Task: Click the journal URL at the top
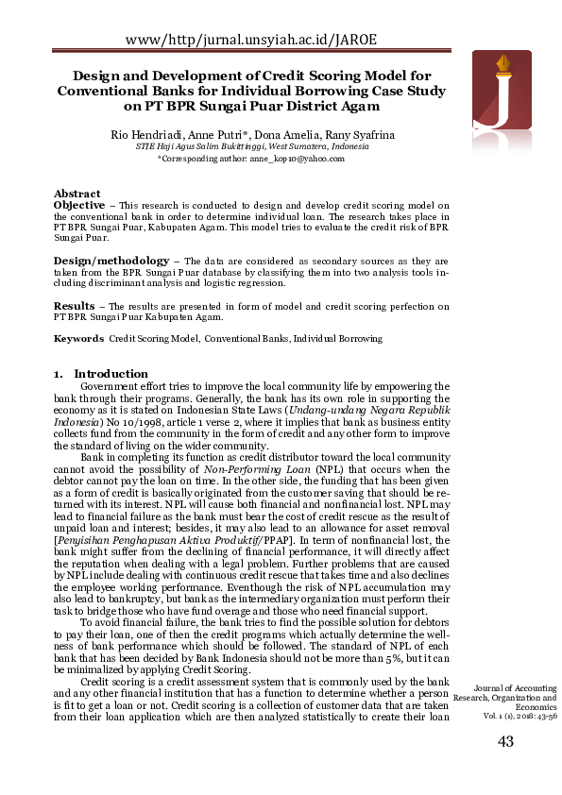click(x=250, y=39)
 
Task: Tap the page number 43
click(x=505, y=742)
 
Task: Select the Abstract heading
click(x=77, y=194)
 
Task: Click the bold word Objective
click(x=79, y=205)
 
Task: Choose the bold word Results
click(x=74, y=306)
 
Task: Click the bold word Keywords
click(x=78, y=338)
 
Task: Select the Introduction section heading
click(x=111, y=374)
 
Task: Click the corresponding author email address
click(x=297, y=160)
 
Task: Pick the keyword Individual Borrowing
click(x=337, y=338)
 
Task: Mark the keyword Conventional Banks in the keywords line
click(x=246, y=338)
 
